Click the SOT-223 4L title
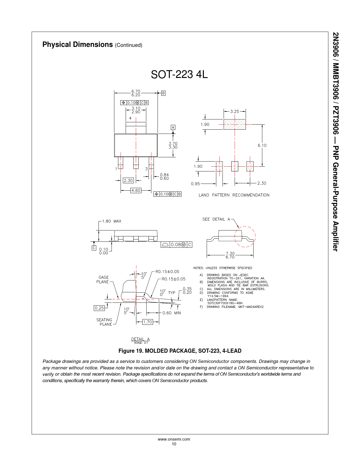pos(179,74)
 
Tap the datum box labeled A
pos(173,127)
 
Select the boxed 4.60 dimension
pos(136,190)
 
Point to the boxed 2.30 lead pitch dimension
pos(128,180)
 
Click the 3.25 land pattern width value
pos(235,112)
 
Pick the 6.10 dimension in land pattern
pos(262,145)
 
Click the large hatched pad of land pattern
pos(235,124)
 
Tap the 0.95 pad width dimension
pos(195,184)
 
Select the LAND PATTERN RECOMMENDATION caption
pos(234,195)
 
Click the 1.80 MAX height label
pos(112,221)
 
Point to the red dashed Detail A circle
pos(245,237)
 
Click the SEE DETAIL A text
pos(216,219)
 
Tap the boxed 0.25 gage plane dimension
pos(99,308)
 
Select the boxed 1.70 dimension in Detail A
pos(147,322)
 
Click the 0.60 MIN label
pos(172,313)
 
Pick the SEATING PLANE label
pos(104,322)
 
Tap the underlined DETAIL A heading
pos(140,339)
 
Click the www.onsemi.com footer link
pos(174,439)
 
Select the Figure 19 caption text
pos(180,351)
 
